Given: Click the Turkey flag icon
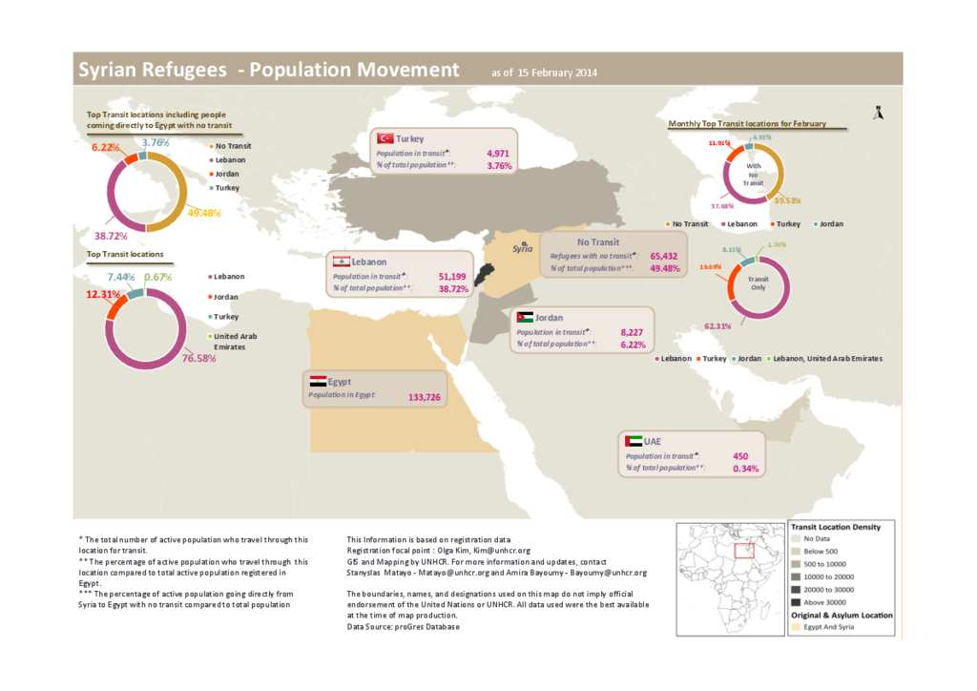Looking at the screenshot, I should tap(386, 138).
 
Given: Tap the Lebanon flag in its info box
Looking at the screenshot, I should tap(340, 262).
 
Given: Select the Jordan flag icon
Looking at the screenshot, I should tap(525, 317).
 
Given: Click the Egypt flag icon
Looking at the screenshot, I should tap(316, 381).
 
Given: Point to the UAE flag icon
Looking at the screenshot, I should tap(633, 441).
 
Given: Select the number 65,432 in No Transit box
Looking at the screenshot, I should tap(663, 256).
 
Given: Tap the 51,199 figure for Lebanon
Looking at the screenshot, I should tap(452, 276).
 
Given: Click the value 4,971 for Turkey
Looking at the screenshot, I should tap(499, 153).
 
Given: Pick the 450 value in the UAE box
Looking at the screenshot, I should tap(739, 456).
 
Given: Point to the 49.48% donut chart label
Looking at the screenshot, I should tap(204, 213).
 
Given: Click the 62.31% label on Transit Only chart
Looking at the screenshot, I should tap(718, 326).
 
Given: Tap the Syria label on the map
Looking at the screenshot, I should tap(522, 248).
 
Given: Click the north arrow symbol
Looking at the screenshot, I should tap(878, 113).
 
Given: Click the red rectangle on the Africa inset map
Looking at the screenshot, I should tap(746, 550).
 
